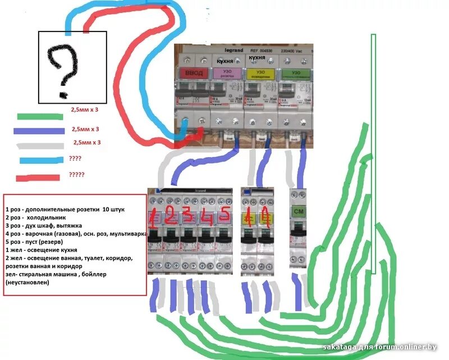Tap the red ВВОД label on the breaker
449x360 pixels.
tap(192, 73)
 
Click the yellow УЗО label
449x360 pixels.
tap(260, 73)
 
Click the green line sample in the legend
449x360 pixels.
tap(39, 117)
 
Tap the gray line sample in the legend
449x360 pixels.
tap(39, 145)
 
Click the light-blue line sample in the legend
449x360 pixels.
tap(39, 161)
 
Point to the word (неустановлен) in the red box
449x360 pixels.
tap(28, 283)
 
